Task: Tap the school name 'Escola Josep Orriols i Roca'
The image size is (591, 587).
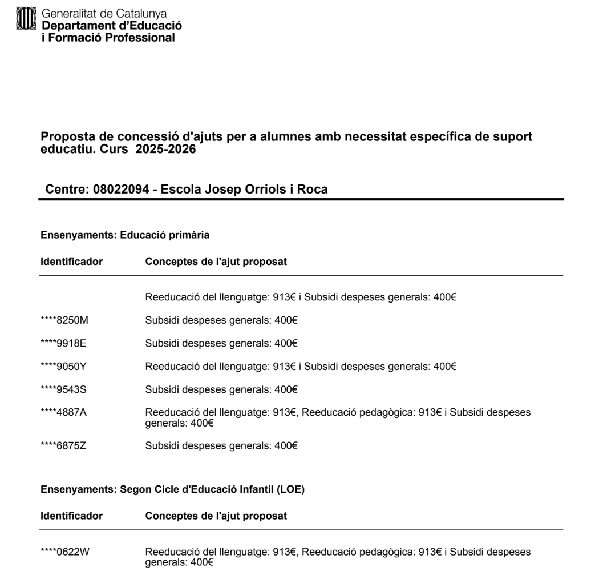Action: (x=245, y=189)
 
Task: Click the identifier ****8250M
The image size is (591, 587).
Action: (x=64, y=320)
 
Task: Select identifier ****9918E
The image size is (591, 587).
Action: (x=63, y=343)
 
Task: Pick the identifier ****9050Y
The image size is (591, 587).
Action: (x=63, y=367)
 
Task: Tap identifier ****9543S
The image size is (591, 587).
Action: (x=63, y=390)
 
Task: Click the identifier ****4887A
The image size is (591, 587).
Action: (x=63, y=413)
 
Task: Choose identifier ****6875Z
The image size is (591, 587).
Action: (x=63, y=445)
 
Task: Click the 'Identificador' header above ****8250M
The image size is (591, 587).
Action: (x=71, y=262)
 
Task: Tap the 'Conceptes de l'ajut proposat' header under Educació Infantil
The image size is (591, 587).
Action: (x=216, y=516)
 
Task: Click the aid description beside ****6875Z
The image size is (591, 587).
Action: (x=221, y=445)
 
